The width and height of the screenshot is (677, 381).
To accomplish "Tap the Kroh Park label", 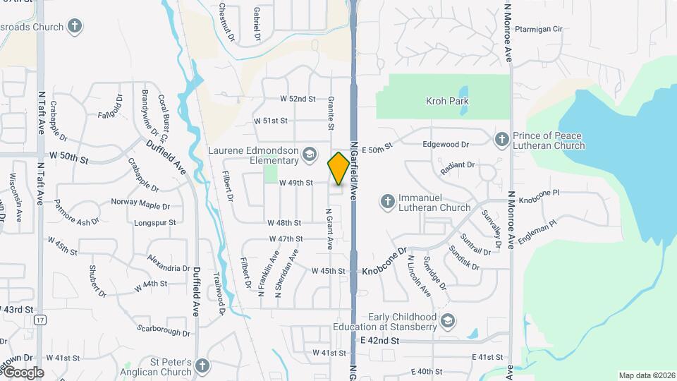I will (x=447, y=101).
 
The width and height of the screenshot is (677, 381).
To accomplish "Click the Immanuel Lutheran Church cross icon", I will (x=387, y=202).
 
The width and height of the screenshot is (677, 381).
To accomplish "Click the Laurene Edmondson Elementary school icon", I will (x=309, y=153).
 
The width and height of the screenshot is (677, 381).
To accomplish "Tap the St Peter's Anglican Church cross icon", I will (x=202, y=366).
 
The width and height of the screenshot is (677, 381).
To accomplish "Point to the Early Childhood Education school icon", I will (x=447, y=322).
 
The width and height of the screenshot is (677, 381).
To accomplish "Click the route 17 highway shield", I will (x=40, y=320).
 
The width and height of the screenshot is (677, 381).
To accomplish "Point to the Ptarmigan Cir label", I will (x=538, y=29).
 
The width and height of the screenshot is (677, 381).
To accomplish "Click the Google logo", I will (x=23, y=373).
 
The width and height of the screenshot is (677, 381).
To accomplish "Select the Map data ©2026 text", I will (x=646, y=375).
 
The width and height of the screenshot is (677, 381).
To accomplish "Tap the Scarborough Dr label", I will (x=164, y=329).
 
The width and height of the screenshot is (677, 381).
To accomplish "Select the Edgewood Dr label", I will (x=445, y=144).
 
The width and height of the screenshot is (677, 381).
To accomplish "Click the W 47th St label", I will (x=285, y=239).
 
